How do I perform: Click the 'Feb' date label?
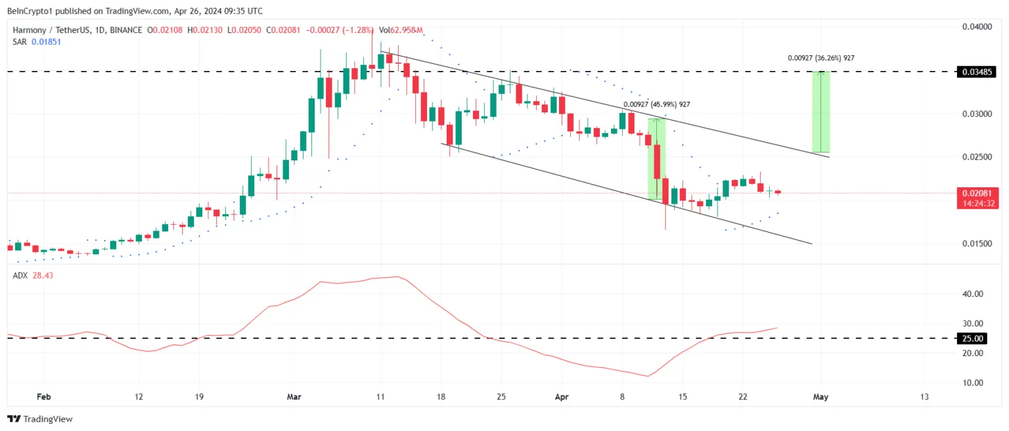click(x=43, y=397)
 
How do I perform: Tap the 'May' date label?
click(x=820, y=397)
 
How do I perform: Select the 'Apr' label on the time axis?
click(x=562, y=397)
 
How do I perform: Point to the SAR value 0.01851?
click(x=43, y=41)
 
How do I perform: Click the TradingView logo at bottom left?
click(x=40, y=419)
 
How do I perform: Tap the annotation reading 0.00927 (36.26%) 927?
click(x=821, y=58)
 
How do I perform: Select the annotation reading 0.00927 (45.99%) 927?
click(x=657, y=104)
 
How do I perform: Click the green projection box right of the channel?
click(x=821, y=112)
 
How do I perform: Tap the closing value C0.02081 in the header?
click(x=278, y=30)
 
